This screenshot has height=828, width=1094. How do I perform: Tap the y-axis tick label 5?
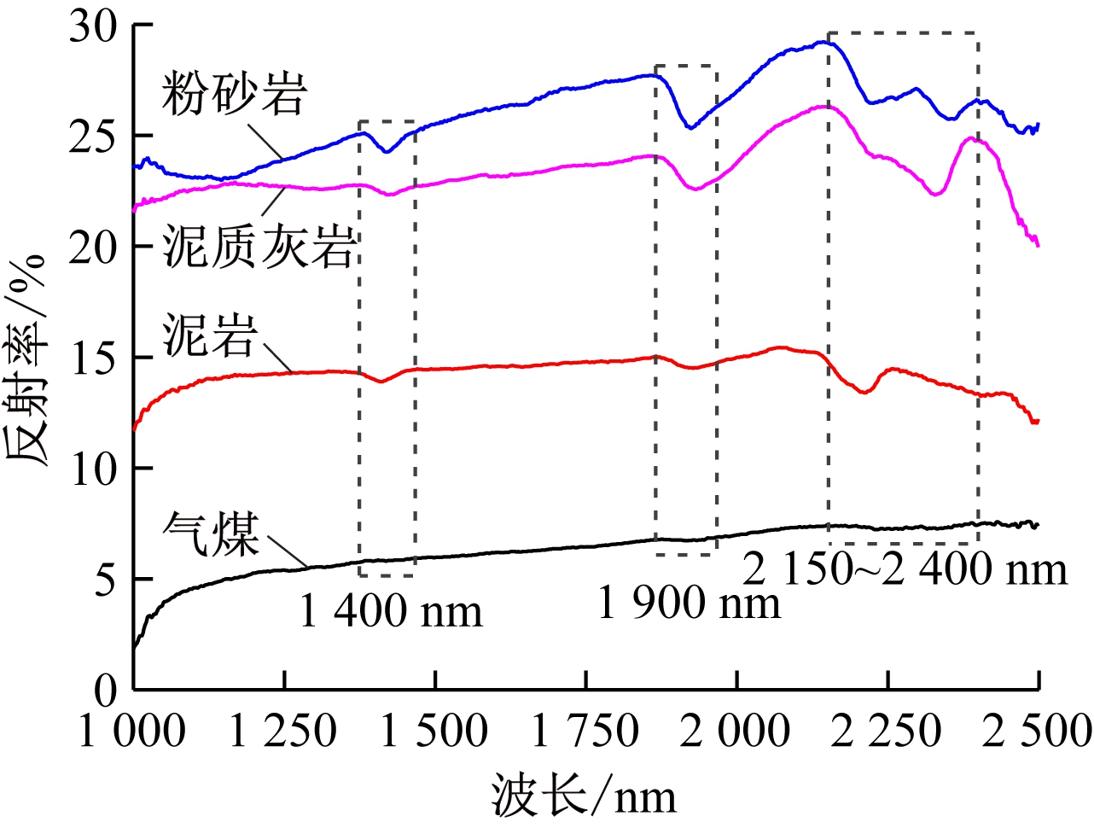point(104,581)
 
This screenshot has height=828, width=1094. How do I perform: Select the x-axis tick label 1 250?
point(283,732)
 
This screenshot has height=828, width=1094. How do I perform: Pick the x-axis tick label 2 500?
point(1036,732)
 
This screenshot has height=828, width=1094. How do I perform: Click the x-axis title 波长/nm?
point(584,796)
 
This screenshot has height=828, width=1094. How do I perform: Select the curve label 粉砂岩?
point(234,93)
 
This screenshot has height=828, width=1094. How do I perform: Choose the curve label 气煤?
point(211,534)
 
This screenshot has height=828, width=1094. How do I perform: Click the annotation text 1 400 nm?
point(391,611)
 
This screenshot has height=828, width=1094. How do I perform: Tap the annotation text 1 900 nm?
point(689,604)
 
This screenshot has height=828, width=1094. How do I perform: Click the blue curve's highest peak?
point(823,42)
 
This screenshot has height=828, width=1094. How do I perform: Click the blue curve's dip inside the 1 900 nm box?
point(690,127)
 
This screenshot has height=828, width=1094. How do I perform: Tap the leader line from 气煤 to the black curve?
point(287,551)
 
